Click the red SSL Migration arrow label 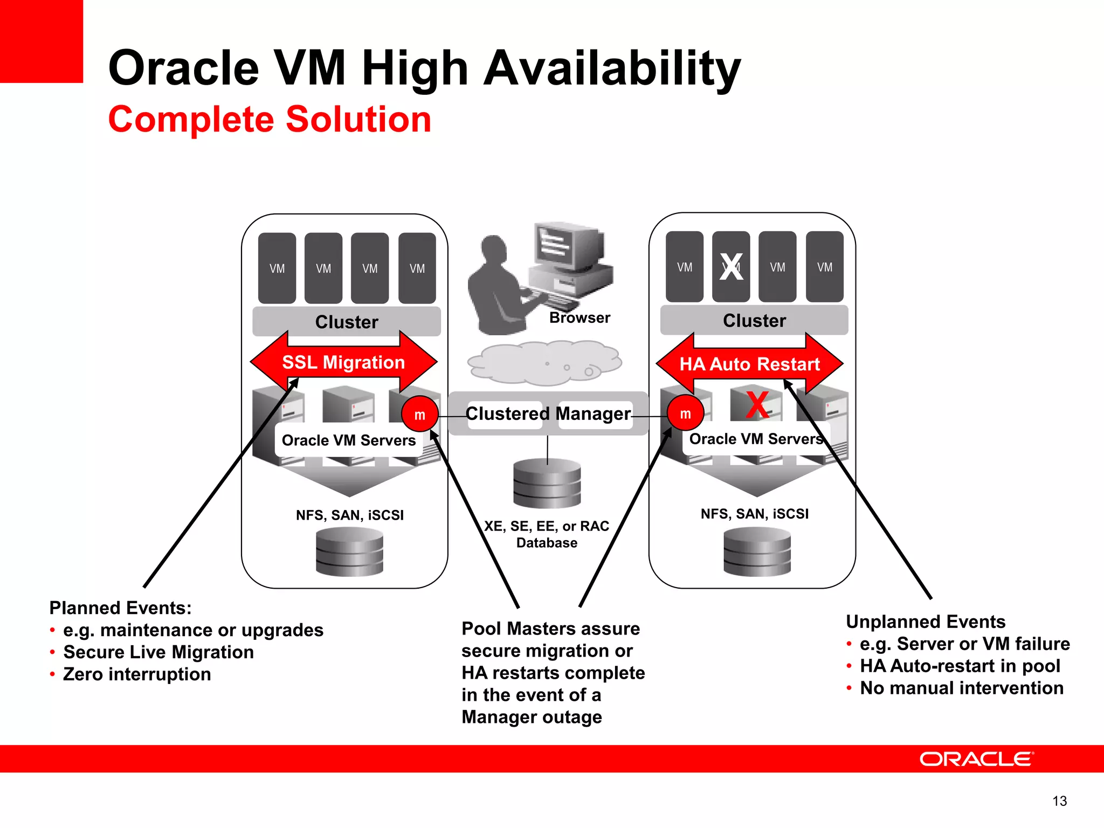343,362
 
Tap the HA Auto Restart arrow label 749,364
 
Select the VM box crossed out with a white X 731,267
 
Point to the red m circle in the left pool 420,414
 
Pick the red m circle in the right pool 685,413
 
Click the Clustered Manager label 548,413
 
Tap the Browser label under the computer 579,318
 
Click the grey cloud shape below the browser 544,362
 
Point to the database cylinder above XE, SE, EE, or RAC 547,483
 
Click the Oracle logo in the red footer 976,759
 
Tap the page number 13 1059,801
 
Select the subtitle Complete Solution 270,119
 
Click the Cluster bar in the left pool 347,322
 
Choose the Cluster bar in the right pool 754,320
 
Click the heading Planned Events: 120,608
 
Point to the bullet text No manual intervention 962,688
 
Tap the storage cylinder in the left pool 349,551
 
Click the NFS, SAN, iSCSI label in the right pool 754,514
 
